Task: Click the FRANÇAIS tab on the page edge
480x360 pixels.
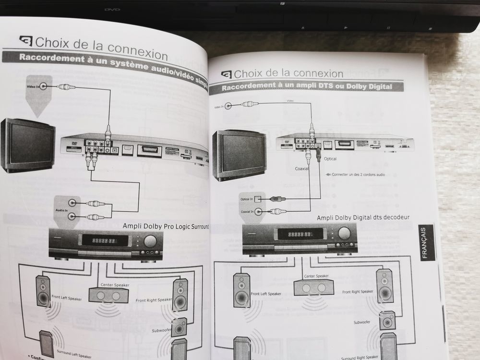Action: [x=427, y=243]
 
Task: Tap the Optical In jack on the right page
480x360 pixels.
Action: [x=258, y=199]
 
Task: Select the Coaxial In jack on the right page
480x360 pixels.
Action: [x=258, y=211]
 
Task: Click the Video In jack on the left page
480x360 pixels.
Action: [x=44, y=87]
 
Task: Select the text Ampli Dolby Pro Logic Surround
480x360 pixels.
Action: [x=166, y=226]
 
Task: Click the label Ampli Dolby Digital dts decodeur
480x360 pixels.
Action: [x=363, y=218]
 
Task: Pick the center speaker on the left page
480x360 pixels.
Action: [x=108, y=294]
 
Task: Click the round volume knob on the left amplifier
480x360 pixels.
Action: [x=150, y=241]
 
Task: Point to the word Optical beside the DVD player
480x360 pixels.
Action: [x=330, y=158]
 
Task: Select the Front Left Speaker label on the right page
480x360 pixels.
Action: [x=265, y=294]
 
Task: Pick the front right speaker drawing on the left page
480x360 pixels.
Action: [x=180, y=294]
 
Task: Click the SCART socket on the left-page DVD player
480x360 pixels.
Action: [x=149, y=150]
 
